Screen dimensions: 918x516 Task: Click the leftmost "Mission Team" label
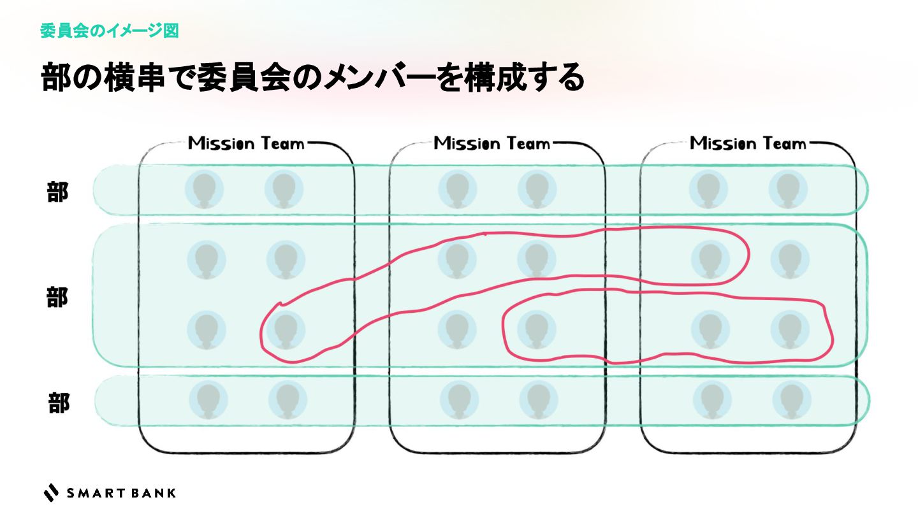(x=246, y=143)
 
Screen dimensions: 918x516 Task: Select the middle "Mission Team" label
(x=492, y=143)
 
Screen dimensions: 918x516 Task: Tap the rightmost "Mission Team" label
(x=748, y=143)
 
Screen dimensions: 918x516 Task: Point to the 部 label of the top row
(x=57, y=192)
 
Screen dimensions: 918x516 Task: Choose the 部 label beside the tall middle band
(x=57, y=297)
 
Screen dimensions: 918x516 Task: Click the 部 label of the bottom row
(x=59, y=403)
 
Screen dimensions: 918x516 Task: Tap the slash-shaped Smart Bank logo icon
(x=51, y=492)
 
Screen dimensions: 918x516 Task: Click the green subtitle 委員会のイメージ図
(x=109, y=31)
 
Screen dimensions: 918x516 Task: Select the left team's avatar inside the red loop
(x=284, y=330)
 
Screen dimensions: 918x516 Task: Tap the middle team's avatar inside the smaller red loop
(x=535, y=330)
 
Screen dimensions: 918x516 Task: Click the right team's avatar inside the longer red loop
(x=710, y=259)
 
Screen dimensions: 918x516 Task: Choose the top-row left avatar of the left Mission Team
(x=205, y=189)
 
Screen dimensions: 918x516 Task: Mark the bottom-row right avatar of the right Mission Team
(x=791, y=400)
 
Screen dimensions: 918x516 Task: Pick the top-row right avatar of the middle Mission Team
(x=537, y=189)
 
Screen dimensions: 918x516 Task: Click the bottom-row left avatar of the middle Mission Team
(x=458, y=400)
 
